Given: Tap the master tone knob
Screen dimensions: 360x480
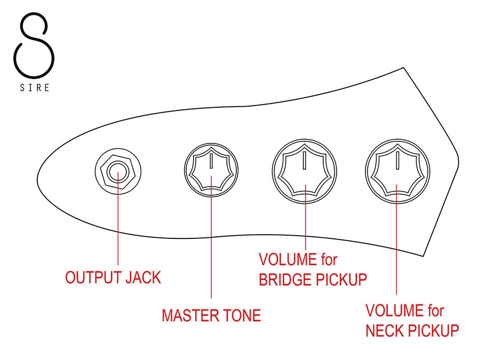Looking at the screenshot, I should tap(211, 171).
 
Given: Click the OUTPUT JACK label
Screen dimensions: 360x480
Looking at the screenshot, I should tap(113, 277).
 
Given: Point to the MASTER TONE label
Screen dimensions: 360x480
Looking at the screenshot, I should tap(211, 315).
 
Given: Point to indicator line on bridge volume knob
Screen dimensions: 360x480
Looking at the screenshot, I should tap(305, 158).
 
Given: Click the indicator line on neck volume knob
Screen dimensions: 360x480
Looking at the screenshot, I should tap(397, 158).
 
